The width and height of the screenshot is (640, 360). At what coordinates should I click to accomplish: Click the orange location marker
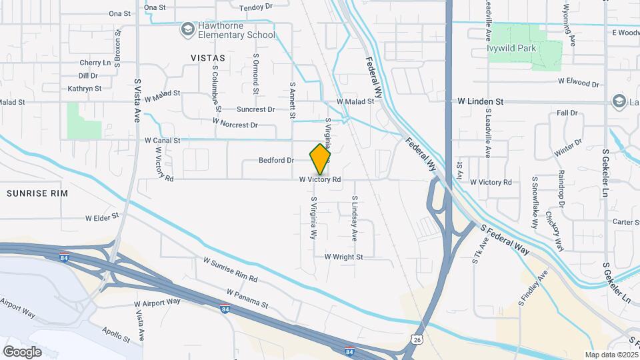pyautogui.click(x=321, y=159)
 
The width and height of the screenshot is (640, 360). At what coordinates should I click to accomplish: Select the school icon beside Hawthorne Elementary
pyautogui.click(x=187, y=29)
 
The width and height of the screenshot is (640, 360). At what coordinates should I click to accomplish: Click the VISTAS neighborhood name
pyautogui.click(x=208, y=58)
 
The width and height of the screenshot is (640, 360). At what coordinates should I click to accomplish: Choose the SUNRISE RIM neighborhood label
pyautogui.click(x=37, y=193)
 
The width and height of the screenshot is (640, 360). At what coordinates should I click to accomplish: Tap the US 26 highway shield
pyautogui.click(x=417, y=340)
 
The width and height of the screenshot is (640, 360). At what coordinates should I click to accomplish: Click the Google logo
pyautogui.click(x=21, y=351)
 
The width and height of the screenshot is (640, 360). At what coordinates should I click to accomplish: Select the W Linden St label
pyautogui.click(x=480, y=101)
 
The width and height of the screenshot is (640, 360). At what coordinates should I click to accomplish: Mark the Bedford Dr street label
pyautogui.click(x=277, y=161)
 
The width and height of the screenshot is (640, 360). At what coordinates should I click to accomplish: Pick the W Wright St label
pyautogui.click(x=343, y=257)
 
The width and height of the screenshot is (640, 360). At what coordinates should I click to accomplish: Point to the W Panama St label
pyautogui.click(x=247, y=298)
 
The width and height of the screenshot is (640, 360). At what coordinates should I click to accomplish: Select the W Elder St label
pyautogui.click(x=101, y=217)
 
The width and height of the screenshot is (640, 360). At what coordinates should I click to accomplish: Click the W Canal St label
pyautogui.click(x=162, y=141)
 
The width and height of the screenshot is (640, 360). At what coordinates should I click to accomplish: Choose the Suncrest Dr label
pyautogui.click(x=256, y=109)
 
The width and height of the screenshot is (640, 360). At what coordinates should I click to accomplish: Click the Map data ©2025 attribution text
pyautogui.click(x=610, y=355)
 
